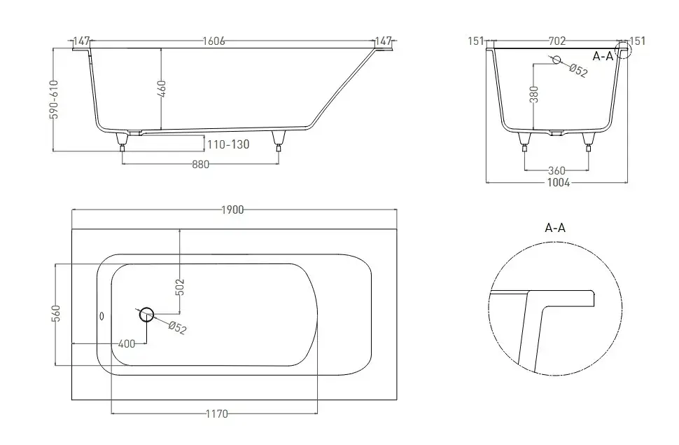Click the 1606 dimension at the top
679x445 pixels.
pyautogui.click(x=214, y=41)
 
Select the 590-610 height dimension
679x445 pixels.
pyautogui.click(x=54, y=100)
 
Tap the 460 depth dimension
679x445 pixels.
pyautogui.click(x=162, y=88)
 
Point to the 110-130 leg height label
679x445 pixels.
pyautogui.click(x=228, y=144)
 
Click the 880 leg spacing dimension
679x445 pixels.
pyautogui.click(x=200, y=165)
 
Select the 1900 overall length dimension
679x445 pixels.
pyautogui.click(x=233, y=210)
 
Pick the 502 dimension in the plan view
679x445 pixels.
pyautogui.click(x=181, y=287)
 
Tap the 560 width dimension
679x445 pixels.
pyautogui.click(x=56, y=313)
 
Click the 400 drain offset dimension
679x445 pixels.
pyautogui.click(x=127, y=344)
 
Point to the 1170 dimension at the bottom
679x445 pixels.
pyautogui.click(x=216, y=413)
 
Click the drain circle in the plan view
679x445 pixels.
pyautogui.click(x=147, y=315)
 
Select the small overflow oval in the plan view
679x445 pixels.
pyautogui.click(x=102, y=316)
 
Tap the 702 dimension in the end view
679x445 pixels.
pyautogui.click(x=557, y=41)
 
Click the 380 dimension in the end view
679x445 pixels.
pyautogui.click(x=534, y=95)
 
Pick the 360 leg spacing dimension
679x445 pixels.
pyautogui.click(x=556, y=170)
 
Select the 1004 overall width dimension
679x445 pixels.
pyautogui.click(x=559, y=183)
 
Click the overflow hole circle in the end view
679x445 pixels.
pyautogui.click(x=556, y=60)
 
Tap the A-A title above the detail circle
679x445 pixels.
pyautogui.click(x=555, y=228)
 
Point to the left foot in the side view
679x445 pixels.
pyautogui.click(x=122, y=142)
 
